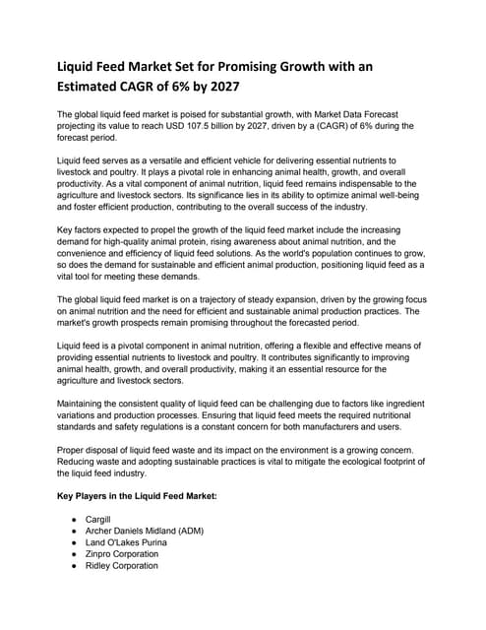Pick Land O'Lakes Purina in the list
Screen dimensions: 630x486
(x=126, y=542)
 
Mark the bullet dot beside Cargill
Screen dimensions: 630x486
(x=76, y=519)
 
